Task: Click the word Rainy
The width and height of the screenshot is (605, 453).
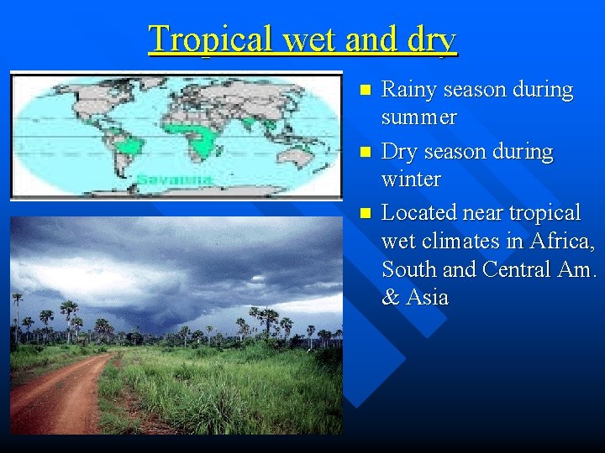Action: (x=408, y=90)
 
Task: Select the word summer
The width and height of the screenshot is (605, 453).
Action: (x=418, y=117)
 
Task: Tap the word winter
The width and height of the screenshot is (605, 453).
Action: (x=411, y=180)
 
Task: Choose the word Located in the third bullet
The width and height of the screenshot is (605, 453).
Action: (x=420, y=213)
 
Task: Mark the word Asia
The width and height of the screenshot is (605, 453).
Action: (x=427, y=298)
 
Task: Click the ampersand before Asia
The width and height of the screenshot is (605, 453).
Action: (x=390, y=298)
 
